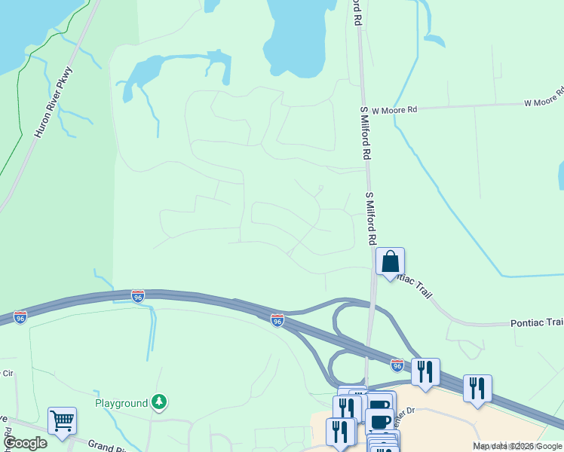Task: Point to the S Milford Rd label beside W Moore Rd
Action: tap(366, 133)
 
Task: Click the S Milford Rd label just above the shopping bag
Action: tap(370, 218)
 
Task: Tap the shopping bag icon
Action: tap(391, 262)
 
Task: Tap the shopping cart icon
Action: tap(62, 420)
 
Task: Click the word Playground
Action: tap(121, 403)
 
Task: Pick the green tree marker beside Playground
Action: tap(158, 402)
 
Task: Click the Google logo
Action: tap(25, 443)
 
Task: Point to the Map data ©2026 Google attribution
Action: tap(517, 446)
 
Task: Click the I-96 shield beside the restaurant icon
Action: tap(397, 365)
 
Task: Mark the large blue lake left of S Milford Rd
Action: tap(302, 38)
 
